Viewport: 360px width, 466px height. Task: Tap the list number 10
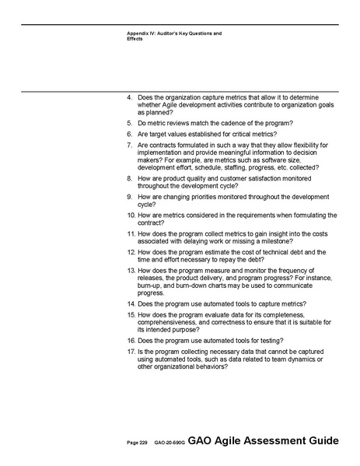[x=131, y=215]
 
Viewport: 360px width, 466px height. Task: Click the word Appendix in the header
[x=140, y=33]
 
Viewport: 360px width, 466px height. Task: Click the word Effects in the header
[x=135, y=39]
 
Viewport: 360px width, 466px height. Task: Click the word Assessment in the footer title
[x=275, y=441]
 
